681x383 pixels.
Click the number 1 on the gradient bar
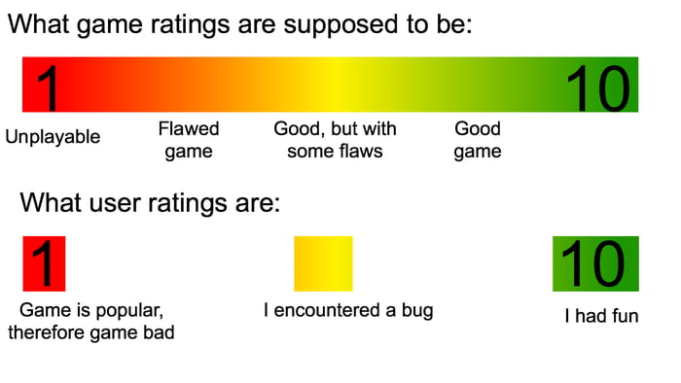pyautogui.click(x=45, y=87)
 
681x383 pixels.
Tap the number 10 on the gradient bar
pyautogui.click(x=598, y=87)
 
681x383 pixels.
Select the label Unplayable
pyautogui.click(x=53, y=137)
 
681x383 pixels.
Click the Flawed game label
pyautogui.click(x=189, y=140)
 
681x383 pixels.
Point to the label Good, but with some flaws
pyautogui.click(x=335, y=140)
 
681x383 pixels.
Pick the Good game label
pyautogui.click(x=478, y=140)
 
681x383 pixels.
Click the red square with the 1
pyautogui.click(x=44, y=263)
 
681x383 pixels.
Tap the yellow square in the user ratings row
pyautogui.click(x=323, y=263)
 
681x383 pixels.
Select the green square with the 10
pyautogui.click(x=595, y=263)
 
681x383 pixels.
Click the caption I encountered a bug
pyautogui.click(x=348, y=311)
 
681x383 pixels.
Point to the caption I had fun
pyautogui.click(x=601, y=316)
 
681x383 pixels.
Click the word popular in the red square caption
pyautogui.click(x=126, y=311)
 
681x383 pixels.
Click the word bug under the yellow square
pyautogui.click(x=416, y=311)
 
